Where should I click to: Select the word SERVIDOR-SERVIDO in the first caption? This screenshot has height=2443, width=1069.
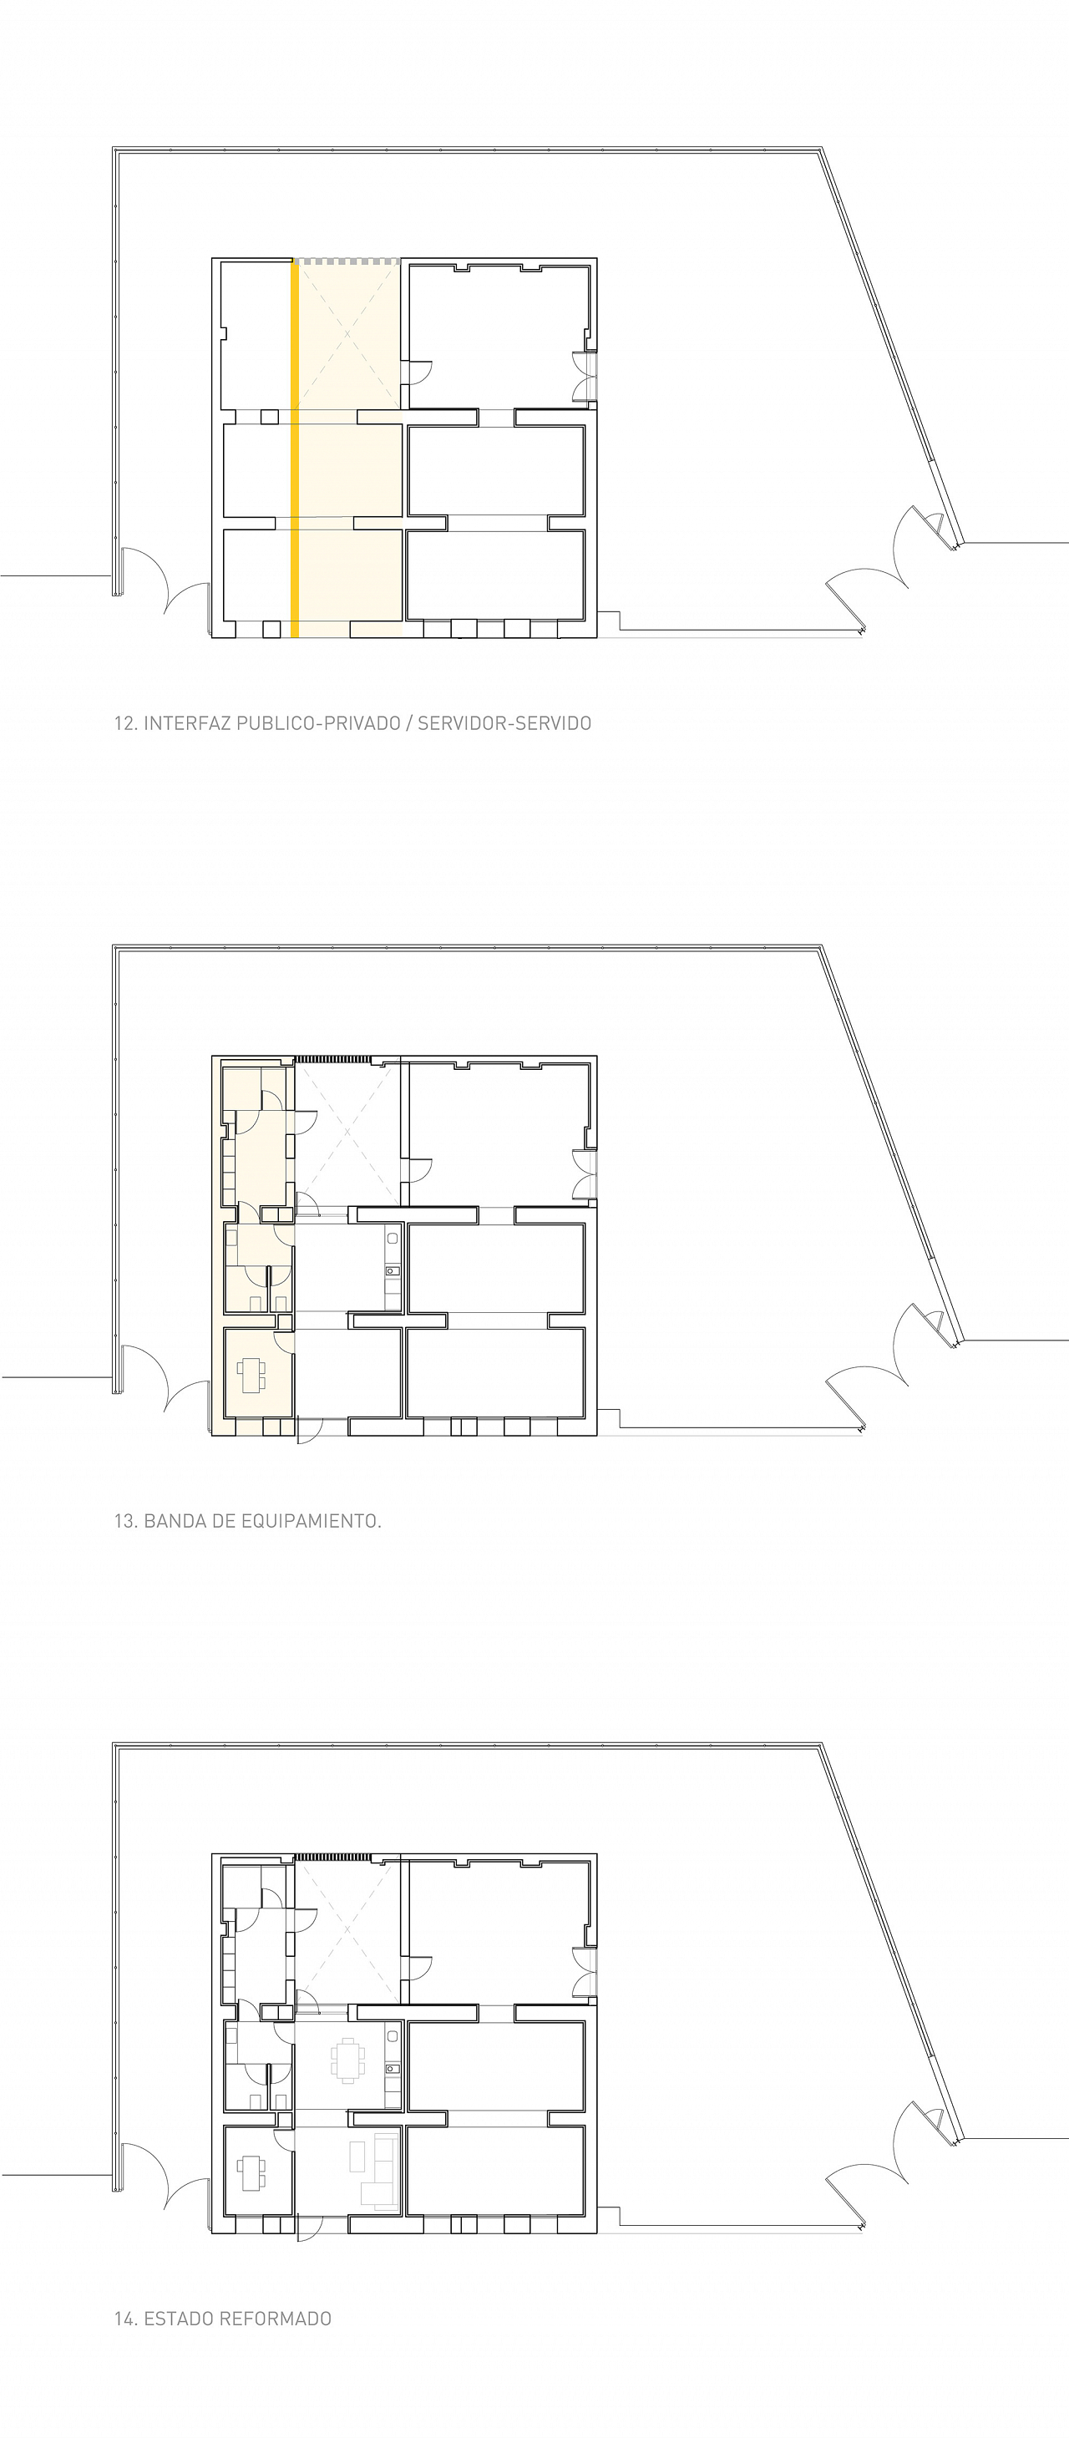pos(504,723)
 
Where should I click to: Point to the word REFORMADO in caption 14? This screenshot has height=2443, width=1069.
pos(276,2319)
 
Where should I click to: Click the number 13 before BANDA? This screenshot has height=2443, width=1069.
pos(125,1521)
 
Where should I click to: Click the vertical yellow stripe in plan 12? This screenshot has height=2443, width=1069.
pos(295,449)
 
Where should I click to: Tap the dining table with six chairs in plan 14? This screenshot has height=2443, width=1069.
pos(347,2060)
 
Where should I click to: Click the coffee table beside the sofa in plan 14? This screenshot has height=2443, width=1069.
pos(357,2157)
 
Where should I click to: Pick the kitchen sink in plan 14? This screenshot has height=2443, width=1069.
pos(392,2068)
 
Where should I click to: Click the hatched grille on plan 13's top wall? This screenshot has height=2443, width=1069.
pos(332,1059)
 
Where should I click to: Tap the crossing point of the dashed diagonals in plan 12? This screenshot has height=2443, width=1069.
pos(347,334)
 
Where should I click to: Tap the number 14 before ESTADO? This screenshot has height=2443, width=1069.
pos(125,2319)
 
